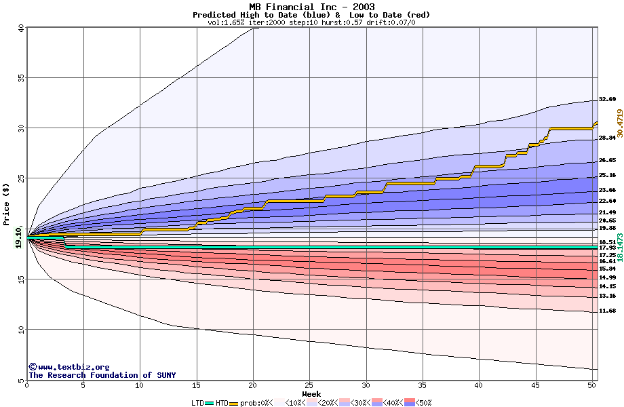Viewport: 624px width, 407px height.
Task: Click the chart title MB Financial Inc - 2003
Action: coord(311,7)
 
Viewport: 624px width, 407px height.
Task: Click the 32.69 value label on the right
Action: coord(607,100)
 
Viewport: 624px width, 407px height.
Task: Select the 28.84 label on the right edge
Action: coord(607,138)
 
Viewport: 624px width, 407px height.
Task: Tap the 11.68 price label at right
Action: coord(607,311)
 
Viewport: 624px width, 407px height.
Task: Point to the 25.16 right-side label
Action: coord(607,175)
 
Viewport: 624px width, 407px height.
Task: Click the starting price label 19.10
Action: coord(18,239)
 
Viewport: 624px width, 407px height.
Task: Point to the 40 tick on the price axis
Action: coord(21,28)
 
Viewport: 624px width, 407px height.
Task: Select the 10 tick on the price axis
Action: coord(21,330)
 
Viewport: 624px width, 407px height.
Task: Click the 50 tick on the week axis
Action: coord(591,386)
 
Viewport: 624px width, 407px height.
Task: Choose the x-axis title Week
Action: coord(311,393)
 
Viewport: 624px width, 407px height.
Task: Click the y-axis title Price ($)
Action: coord(6,203)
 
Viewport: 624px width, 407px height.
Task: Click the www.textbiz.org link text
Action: coord(73,367)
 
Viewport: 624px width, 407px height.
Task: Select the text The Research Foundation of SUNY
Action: coord(102,375)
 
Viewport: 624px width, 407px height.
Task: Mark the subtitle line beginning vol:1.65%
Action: coord(311,22)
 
